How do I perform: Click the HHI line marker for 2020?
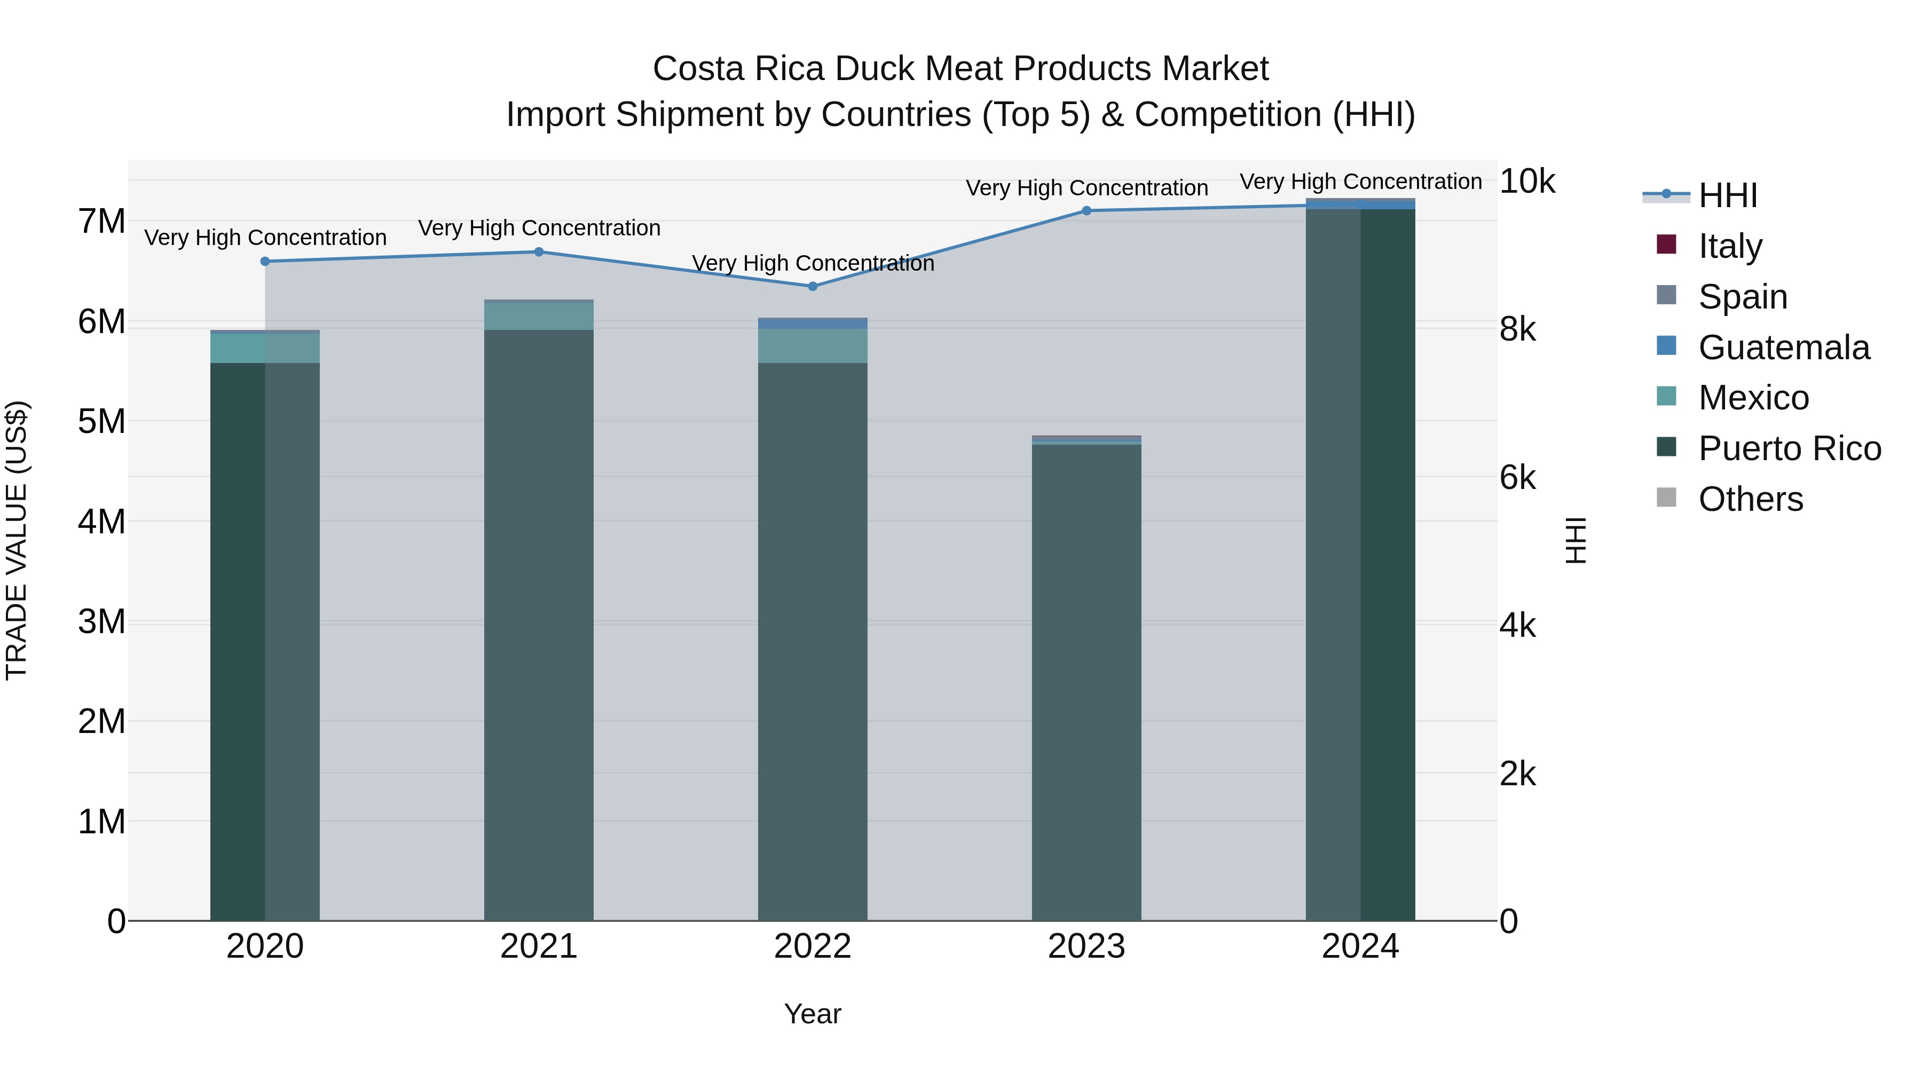pos(265,261)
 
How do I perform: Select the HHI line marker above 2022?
pos(813,287)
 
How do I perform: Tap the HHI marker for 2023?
pos(1086,211)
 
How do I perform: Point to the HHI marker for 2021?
pos(539,251)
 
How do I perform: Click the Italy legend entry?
pos(1729,246)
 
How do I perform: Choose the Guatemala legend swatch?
pos(1666,346)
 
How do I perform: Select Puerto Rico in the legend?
pos(1789,448)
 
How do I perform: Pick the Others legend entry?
pos(1750,499)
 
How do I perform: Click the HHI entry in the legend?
pos(1727,195)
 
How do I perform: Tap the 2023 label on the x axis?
pos(1086,946)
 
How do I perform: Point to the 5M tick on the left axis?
pos(101,422)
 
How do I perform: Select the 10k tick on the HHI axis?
pos(1526,182)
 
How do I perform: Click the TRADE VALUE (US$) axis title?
pos(17,540)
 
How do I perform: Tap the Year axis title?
pos(813,1014)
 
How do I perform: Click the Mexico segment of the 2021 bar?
pos(539,315)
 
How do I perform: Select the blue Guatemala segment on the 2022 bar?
pos(813,324)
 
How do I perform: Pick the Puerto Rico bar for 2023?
pos(1086,683)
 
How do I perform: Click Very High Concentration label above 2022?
pos(813,263)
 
